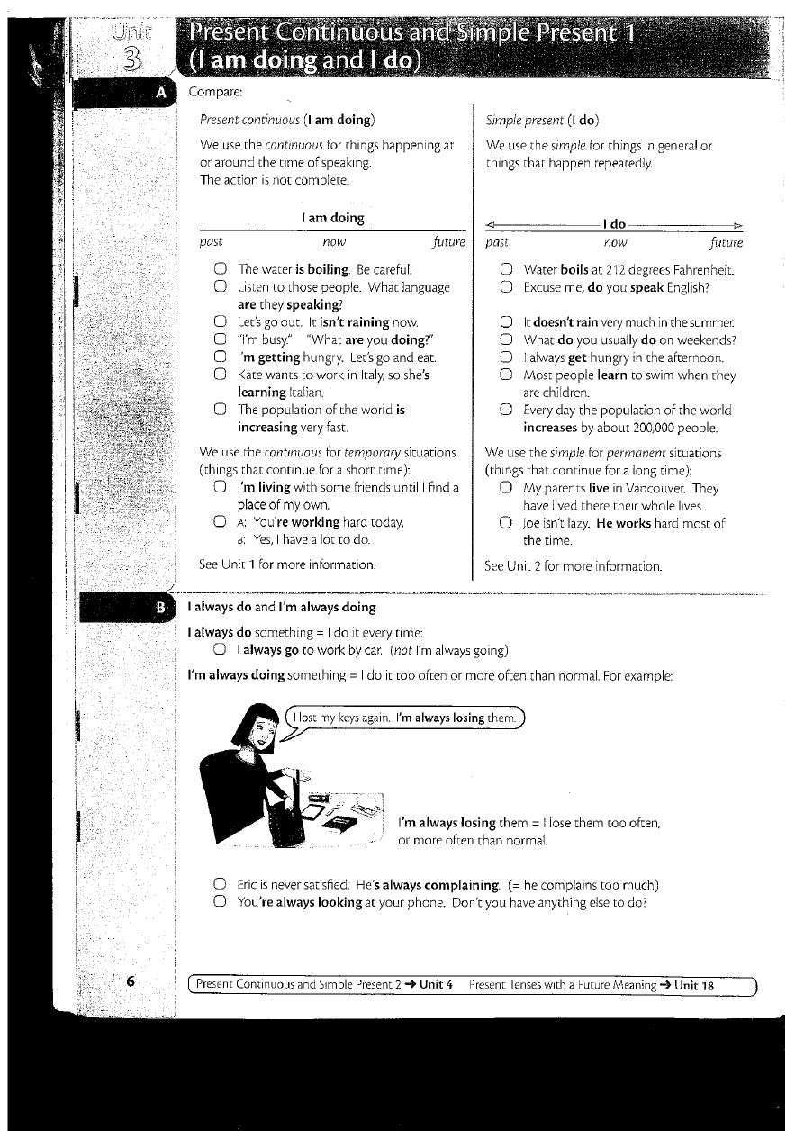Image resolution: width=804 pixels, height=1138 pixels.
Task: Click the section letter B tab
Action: pyautogui.click(x=160, y=607)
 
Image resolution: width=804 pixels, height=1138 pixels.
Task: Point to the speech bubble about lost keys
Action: pyautogui.click(x=405, y=718)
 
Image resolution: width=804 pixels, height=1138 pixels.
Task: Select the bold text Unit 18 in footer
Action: pyautogui.click(x=694, y=985)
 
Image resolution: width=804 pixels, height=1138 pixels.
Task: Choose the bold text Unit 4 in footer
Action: pyautogui.click(x=436, y=985)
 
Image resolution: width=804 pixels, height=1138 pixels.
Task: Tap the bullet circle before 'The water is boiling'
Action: pyautogui.click(x=221, y=269)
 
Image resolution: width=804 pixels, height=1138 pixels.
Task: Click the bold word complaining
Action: pyautogui.click(x=450, y=885)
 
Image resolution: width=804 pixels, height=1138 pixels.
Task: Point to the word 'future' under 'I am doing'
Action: pyautogui.click(x=448, y=242)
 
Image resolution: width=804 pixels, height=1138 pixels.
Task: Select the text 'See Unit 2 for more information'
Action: pyautogui.click(x=573, y=566)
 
